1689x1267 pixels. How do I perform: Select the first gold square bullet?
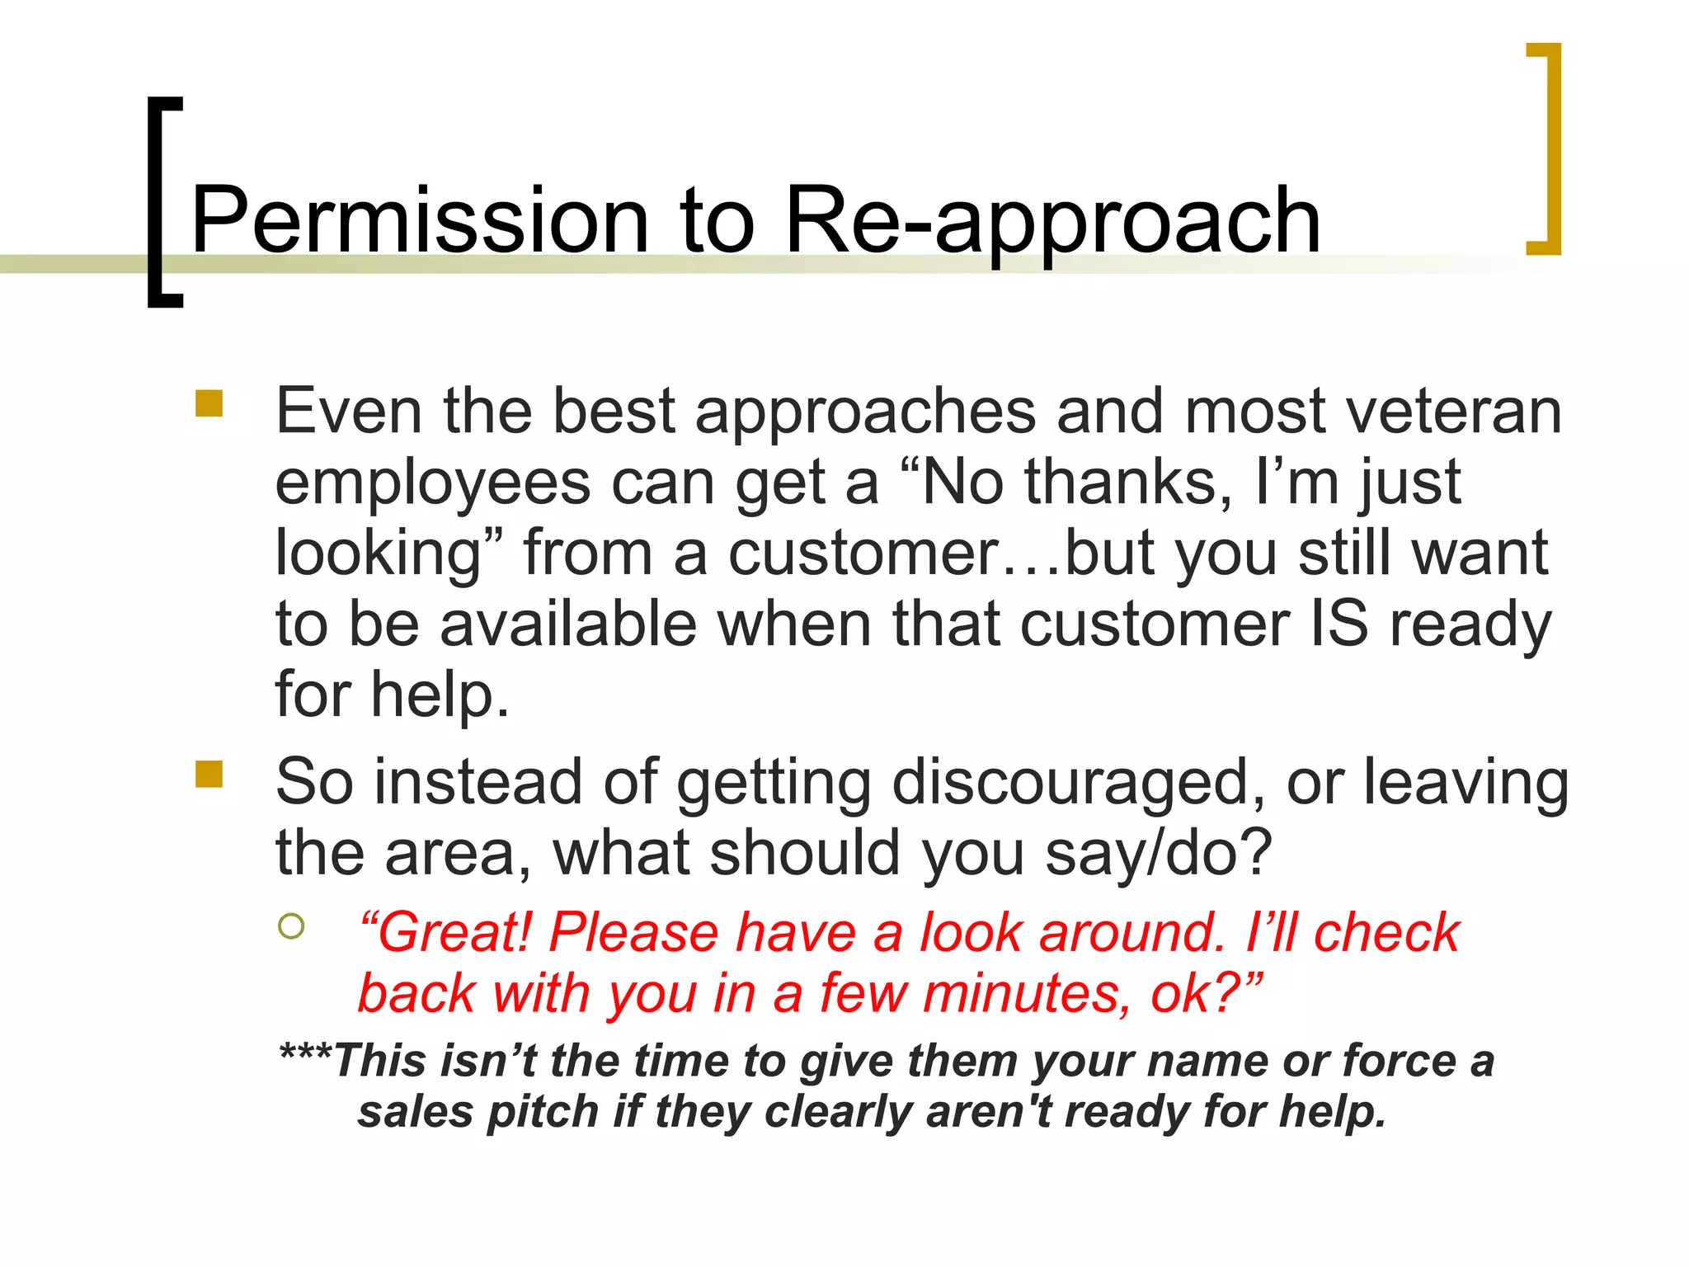coord(209,403)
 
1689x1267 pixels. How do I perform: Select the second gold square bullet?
coord(209,774)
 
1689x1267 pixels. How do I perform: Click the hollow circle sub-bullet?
coord(291,926)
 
